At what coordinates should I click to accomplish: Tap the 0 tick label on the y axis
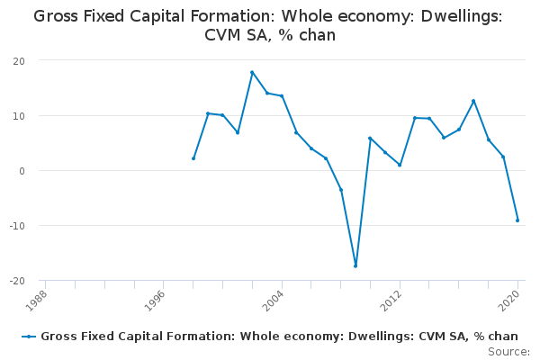[22, 171]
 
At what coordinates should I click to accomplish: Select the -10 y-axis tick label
[16, 226]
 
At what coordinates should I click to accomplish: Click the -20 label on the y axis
[16, 281]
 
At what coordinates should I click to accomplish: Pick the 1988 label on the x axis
[37, 299]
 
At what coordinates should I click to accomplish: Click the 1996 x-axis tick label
[155, 299]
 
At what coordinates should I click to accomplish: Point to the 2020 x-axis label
[509, 299]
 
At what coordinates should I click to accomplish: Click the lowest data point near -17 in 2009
[355, 265]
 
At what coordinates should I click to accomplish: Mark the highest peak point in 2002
[252, 72]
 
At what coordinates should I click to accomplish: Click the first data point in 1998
[193, 158]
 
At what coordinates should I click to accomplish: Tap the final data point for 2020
[517, 220]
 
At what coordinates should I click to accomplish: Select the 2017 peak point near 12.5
[473, 101]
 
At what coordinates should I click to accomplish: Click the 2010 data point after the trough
[370, 139]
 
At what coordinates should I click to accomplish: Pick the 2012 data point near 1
[400, 165]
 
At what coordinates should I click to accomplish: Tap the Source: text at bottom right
[508, 351]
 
